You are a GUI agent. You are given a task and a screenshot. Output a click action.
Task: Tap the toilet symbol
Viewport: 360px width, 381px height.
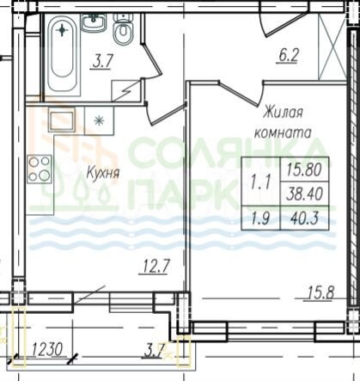[x=123, y=34]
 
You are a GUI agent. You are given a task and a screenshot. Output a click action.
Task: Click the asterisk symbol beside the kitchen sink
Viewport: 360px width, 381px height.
[x=99, y=121]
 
